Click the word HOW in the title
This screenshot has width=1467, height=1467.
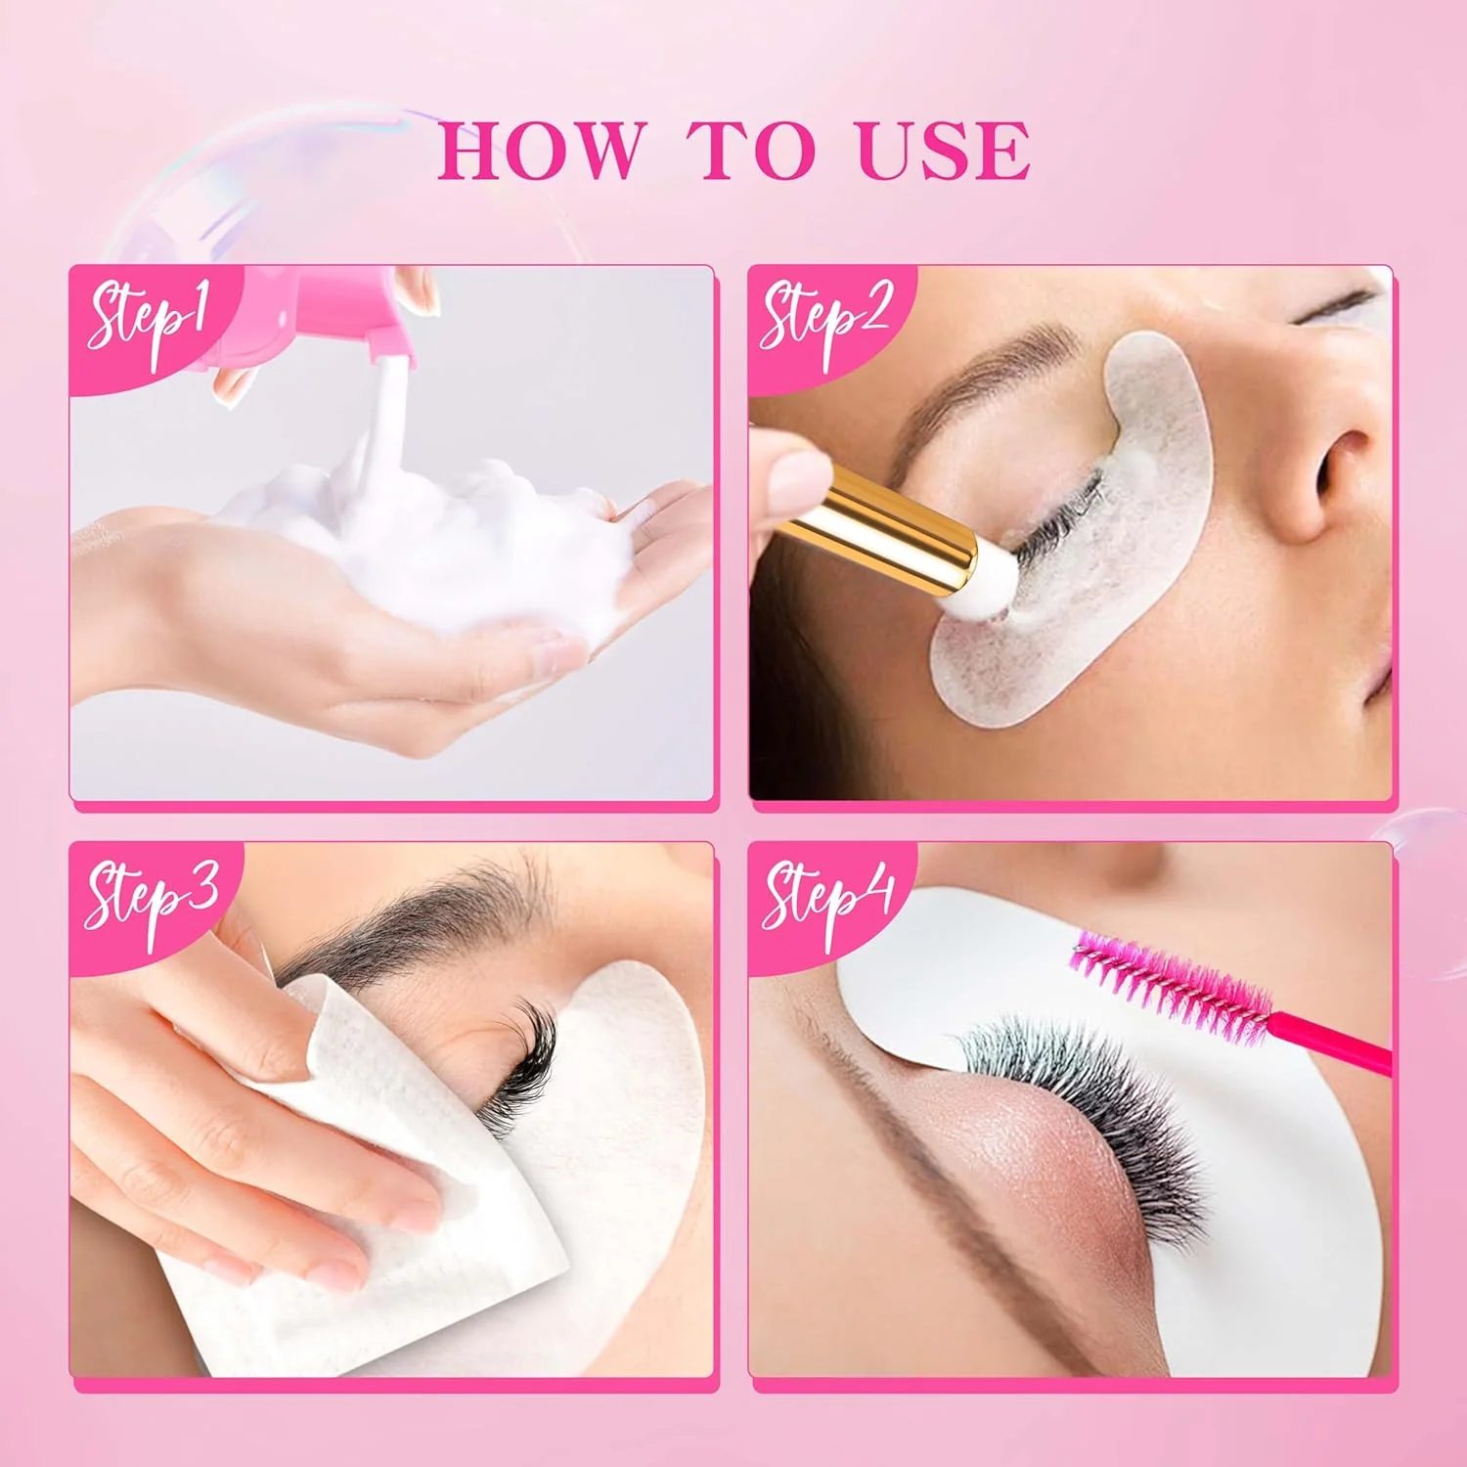[541, 152]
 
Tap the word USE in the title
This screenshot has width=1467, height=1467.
[943, 152]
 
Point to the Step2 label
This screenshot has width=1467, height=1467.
[826, 318]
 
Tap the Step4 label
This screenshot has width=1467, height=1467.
[828, 895]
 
